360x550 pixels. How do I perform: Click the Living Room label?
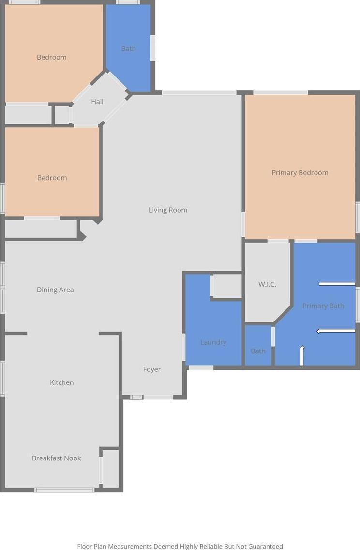pos(168,210)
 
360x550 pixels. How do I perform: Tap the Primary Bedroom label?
pos(300,172)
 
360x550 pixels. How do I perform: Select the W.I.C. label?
pos(268,284)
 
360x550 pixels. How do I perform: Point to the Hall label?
pos(97,102)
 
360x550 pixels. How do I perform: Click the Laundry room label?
pos(213,342)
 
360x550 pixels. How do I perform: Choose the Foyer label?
pos(152,369)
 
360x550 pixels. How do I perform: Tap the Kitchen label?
pos(62,382)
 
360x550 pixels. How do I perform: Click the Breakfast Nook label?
pos(57,458)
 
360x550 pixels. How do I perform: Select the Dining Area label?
pos(55,290)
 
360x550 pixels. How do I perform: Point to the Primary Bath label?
pos(323,306)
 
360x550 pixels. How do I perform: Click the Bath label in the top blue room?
pos(128,49)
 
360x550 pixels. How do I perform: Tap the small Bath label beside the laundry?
pos(258,351)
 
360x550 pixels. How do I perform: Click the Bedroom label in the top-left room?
pos(51,57)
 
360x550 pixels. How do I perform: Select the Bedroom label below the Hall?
pos(52,178)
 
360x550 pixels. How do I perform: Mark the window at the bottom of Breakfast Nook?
pos(64,489)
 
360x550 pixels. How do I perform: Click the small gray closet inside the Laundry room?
pos(227,286)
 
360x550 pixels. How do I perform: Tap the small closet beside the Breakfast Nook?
pos(110,468)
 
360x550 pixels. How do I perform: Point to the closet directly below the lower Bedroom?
pos(41,229)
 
